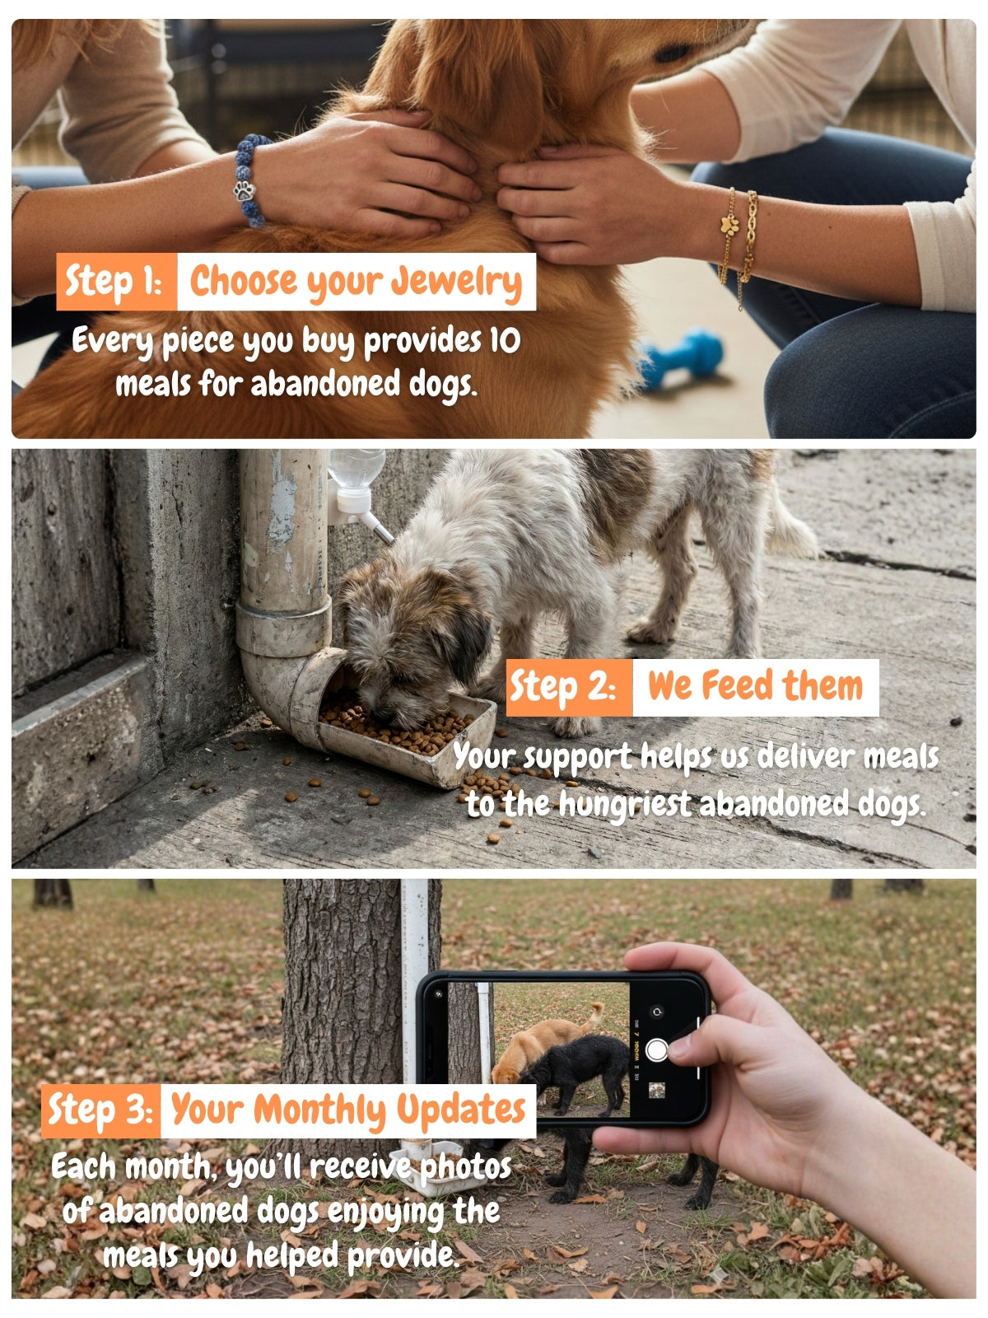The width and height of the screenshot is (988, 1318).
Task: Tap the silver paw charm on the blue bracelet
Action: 245,191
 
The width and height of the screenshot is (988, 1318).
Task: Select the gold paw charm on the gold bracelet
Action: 729,226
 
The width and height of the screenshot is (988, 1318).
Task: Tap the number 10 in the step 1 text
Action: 505,340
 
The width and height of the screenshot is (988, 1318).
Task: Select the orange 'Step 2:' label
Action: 569,687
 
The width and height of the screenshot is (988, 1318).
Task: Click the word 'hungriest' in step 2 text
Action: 624,804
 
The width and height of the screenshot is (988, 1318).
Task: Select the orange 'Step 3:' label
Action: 100,1110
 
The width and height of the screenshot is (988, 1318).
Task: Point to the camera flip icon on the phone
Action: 658,1012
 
